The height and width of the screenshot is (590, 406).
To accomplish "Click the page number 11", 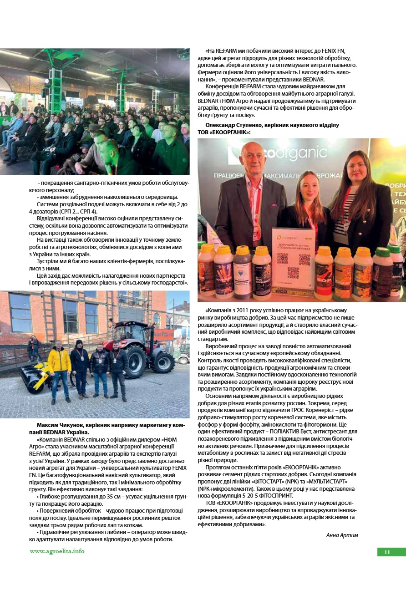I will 387,552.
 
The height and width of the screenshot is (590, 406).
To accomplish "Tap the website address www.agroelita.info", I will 57,551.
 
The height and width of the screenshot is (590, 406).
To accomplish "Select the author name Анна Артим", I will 342,535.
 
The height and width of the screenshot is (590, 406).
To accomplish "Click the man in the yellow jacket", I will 59,366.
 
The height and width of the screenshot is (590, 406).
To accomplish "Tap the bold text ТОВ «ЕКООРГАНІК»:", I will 224,132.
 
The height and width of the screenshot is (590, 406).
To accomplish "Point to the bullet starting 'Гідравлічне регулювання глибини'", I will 109,532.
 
